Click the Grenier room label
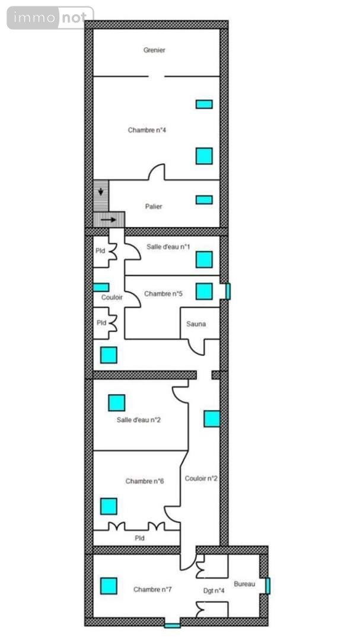pos(154,50)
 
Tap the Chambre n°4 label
pos(146,130)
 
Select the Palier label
pos(154,207)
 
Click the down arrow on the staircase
pos(101,192)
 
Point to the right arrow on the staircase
pos(109,220)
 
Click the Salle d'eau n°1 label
pos(168,246)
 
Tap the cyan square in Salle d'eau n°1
pos(204,259)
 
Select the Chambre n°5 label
pos(163,294)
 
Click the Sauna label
pos(196,324)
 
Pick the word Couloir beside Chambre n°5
pos(111,297)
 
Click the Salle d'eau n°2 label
pos(139,420)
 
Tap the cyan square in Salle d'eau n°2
pos(116,403)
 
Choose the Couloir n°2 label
pos(201,478)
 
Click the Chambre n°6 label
pos(145,481)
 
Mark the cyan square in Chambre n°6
pos(109,506)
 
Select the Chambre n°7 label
pos(152,589)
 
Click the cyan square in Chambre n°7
pos(109,586)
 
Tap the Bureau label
pos(244,584)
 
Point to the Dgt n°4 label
pos(214,591)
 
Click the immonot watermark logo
pos(50,18)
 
